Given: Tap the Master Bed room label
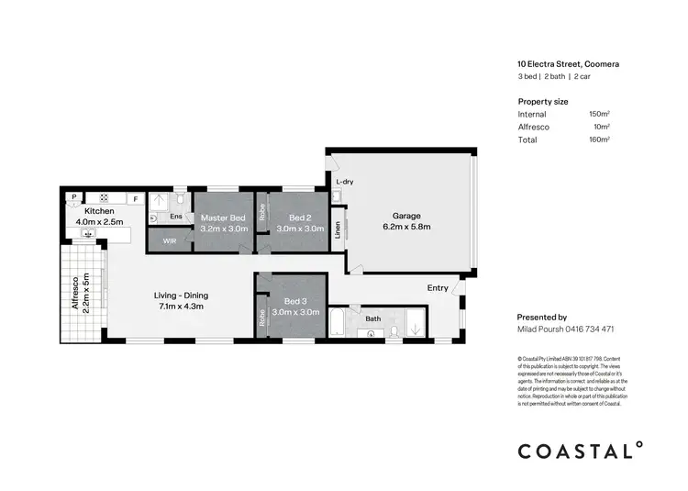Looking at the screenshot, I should [x=224, y=218].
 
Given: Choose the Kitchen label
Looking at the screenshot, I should [x=98, y=211].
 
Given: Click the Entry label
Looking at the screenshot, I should [x=438, y=288].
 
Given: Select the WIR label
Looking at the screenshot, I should [x=170, y=240].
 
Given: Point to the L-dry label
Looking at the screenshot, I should [x=345, y=183].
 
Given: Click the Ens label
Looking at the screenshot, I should [x=176, y=217].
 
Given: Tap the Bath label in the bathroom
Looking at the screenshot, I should [x=372, y=319].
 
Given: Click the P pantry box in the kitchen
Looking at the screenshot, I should [x=72, y=197].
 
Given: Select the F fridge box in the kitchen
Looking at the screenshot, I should [x=134, y=198].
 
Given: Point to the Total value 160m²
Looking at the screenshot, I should [x=599, y=139].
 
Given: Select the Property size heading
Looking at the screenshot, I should [x=543, y=100].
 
